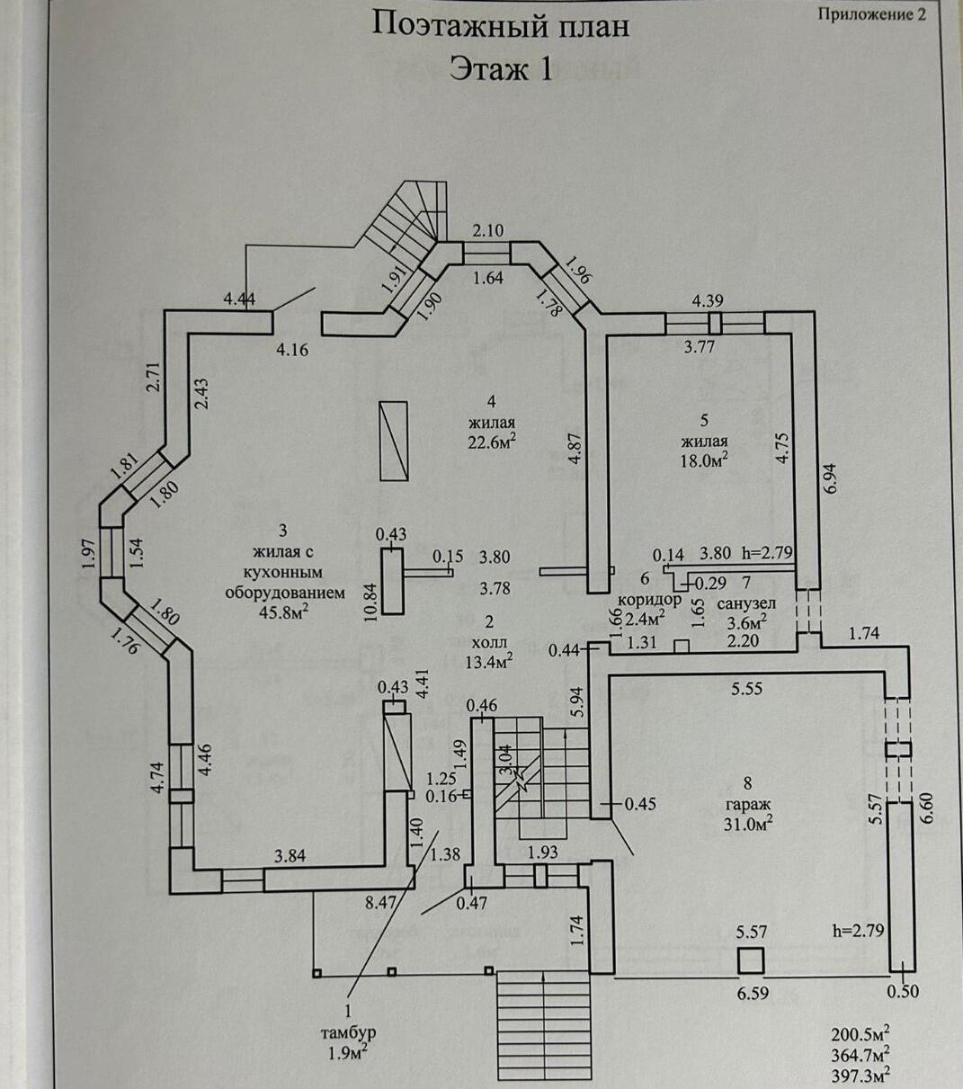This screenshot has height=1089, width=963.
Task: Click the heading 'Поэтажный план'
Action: click(x=501, y=25)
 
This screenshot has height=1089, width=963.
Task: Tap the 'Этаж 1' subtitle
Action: click(x=501, y=68)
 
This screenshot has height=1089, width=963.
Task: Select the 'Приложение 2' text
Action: click(x=871, y=13)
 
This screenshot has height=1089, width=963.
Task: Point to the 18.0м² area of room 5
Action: click(x=703, y=460)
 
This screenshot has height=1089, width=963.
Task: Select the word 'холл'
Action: click(x=490, y=642)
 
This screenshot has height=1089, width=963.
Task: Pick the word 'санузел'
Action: click(x=746, y=603)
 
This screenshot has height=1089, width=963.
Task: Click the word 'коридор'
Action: click(x=649, y=600)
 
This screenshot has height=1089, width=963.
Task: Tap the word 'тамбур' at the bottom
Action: click(x=347, y=1032)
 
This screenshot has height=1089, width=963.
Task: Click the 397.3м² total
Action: click(x=860, y=1073)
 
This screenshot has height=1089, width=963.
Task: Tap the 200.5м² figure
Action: click(x=860, y=1033)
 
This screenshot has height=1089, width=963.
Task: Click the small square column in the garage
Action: click(x=750, y=960)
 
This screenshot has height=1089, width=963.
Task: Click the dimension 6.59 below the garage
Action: click(x=753, y=995)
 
